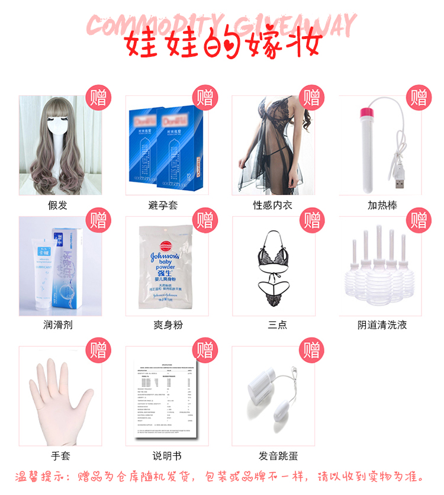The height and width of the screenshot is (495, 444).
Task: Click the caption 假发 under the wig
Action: click(57, 205)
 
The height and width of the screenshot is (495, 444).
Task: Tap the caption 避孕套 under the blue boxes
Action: click(163, 205)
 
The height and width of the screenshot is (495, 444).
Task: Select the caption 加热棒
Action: click(382, 205)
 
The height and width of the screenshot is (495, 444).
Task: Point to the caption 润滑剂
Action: click(57, 325)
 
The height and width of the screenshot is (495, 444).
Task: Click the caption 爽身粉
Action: click(163, 325)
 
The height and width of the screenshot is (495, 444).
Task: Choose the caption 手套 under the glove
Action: click(57, 456)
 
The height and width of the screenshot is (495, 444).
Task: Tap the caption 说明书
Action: click(166, 456)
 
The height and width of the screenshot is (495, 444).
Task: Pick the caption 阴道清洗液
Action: click(382, 325)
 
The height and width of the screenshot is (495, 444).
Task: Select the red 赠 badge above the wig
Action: click(98, 97)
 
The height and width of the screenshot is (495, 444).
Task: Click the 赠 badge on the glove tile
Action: click(98, 350)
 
